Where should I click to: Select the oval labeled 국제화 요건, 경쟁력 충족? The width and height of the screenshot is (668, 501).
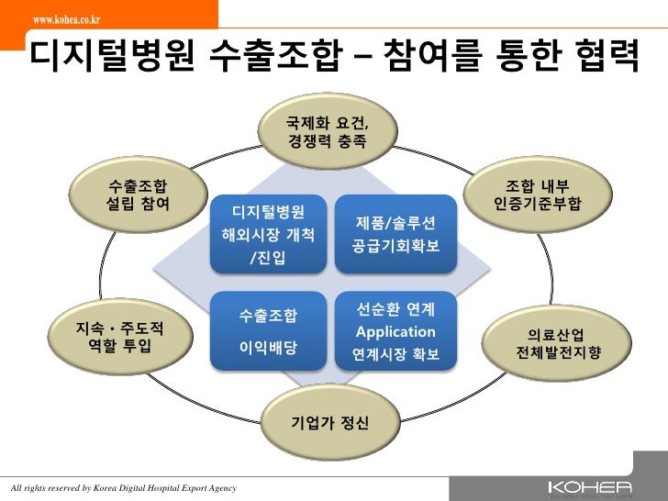coord(327,132)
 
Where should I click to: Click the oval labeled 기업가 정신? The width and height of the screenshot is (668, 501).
coord(328,422)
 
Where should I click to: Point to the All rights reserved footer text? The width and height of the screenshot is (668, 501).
coord(122,485)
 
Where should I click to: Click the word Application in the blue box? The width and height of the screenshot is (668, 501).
coord(395,332)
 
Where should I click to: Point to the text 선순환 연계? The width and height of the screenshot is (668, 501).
coord(395,309)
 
